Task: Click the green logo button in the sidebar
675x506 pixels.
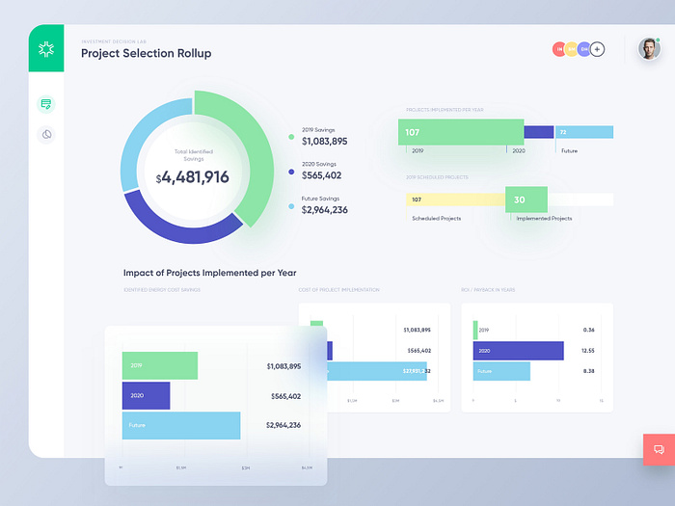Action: point(46,49)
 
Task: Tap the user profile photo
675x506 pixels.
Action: point(649,49)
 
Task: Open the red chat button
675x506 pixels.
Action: point(659,449)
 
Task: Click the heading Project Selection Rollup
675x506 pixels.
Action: point(146,54)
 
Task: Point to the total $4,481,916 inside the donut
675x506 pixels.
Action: point(193,176)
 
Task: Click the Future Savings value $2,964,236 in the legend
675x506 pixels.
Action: point(325,209)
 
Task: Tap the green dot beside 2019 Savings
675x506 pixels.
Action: point(291,137)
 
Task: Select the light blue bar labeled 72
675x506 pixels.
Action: point(584,132)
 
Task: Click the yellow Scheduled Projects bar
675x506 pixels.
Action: point(454,200)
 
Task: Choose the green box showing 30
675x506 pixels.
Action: point(526,200)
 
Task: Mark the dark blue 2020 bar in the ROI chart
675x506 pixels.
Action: point(518,351)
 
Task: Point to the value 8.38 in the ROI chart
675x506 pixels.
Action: point(588,371)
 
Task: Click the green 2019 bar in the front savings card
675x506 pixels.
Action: point(159,366)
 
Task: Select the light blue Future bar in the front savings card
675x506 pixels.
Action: point(181,425)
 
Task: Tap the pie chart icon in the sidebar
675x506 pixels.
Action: point(46,135)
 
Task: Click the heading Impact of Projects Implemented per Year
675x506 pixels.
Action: point(209,273)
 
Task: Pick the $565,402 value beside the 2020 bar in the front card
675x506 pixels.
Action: point(283,396)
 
